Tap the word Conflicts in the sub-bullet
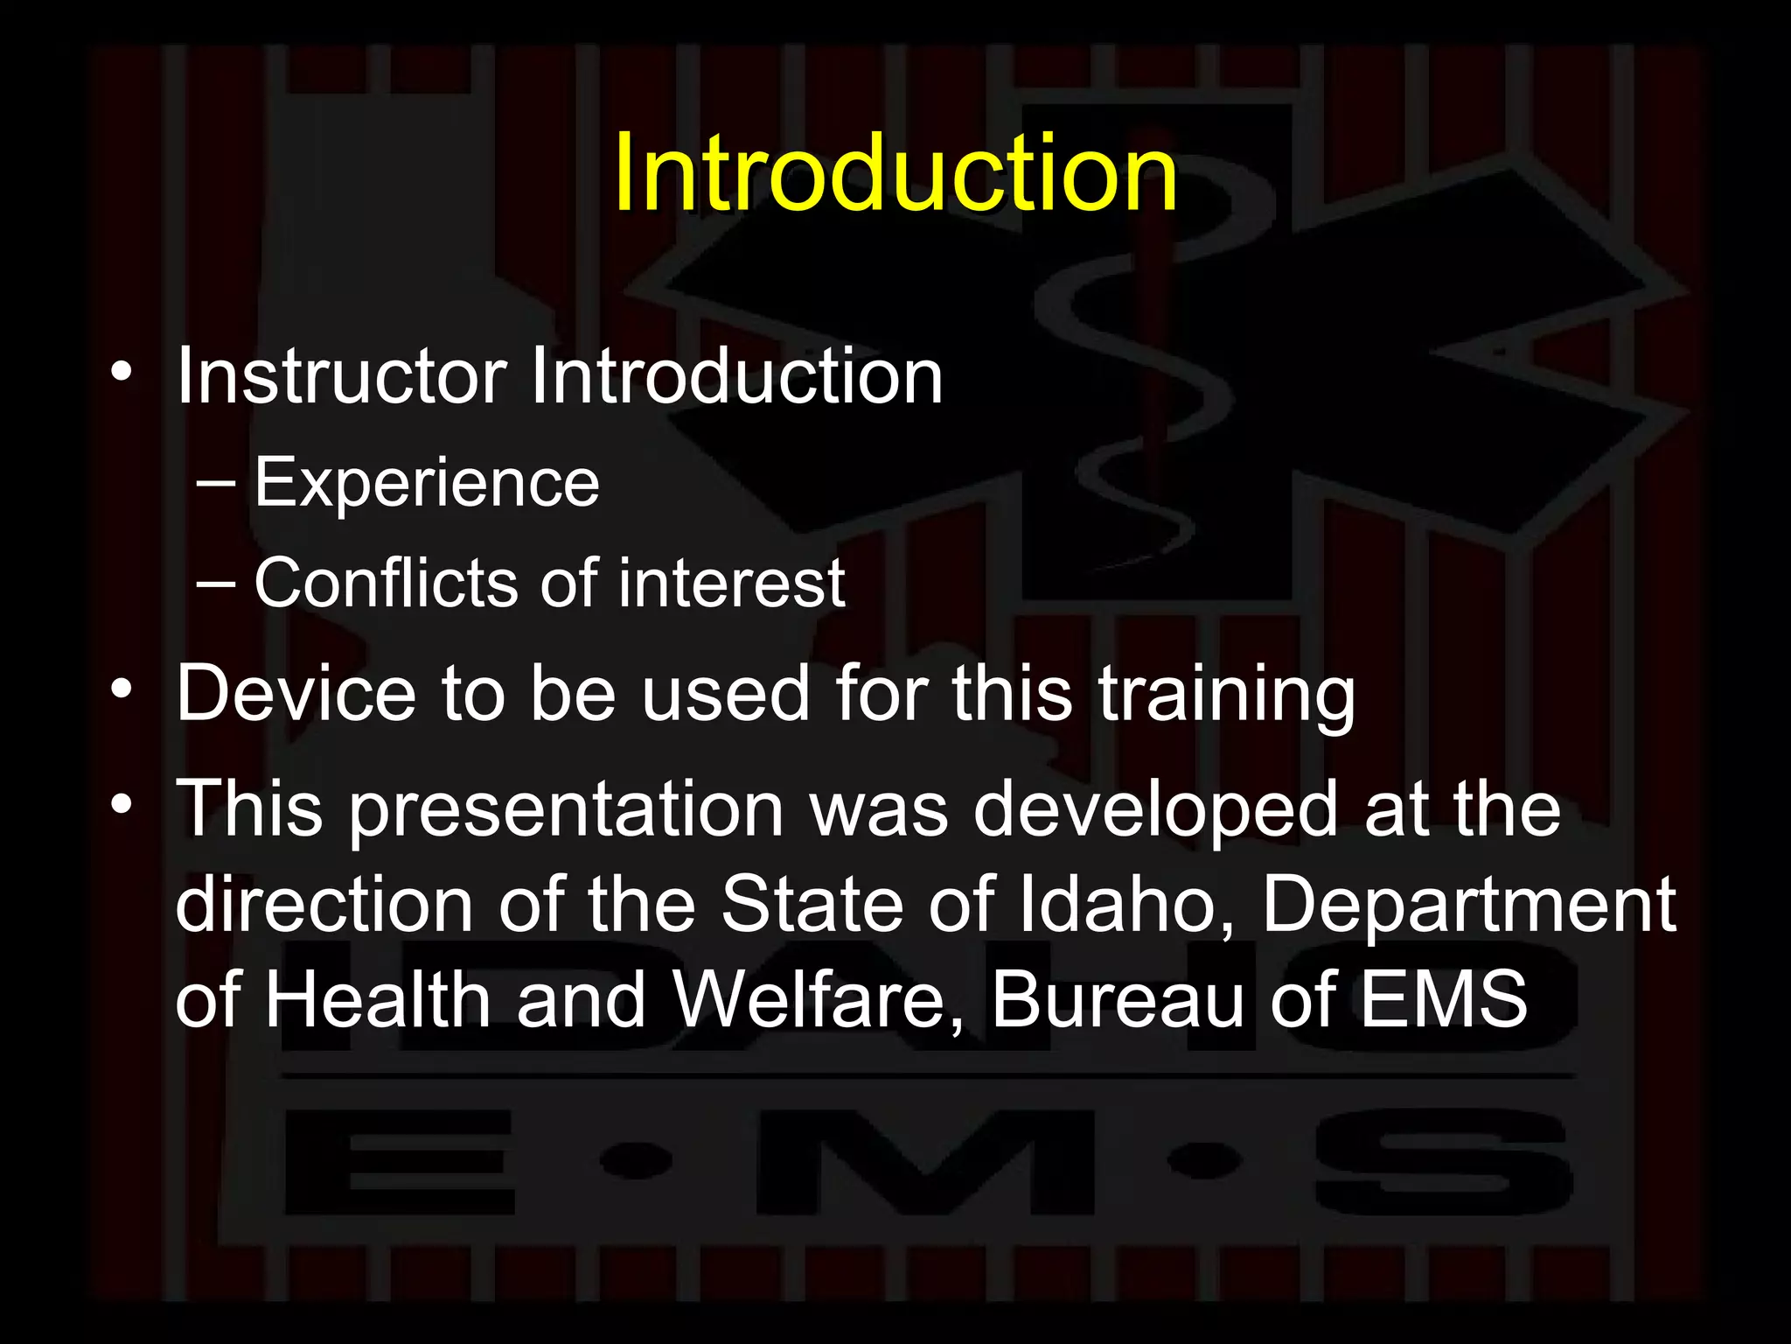click(x=385, y=583)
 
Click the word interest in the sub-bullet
click(x=731, y=583)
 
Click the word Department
click(x=1468, y=906)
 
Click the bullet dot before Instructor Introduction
click(x=122, y=373)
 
